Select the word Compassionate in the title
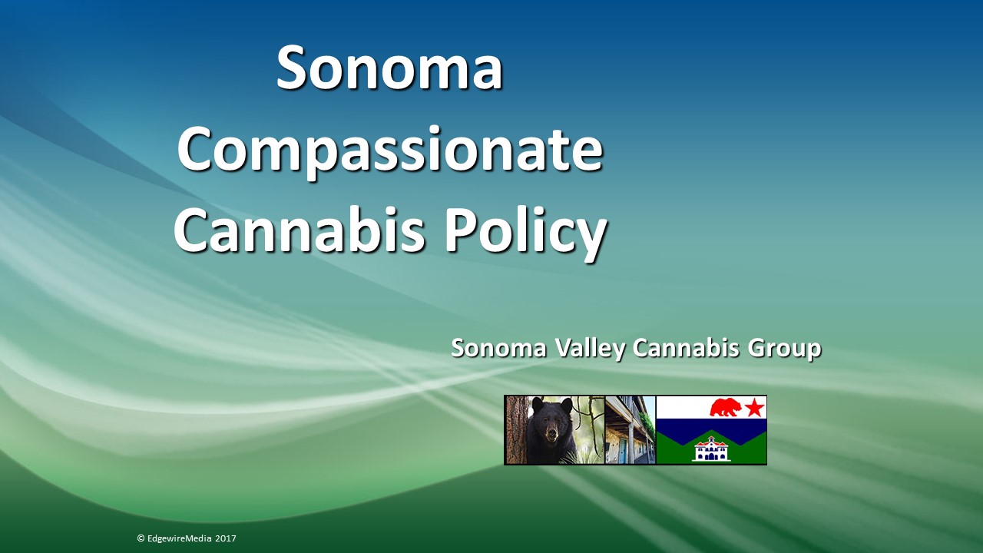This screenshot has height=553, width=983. coord(389,150)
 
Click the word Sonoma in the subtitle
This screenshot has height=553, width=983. coord(499,348)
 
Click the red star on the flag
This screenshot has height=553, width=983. coord(754,408)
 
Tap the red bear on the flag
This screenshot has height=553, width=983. coord(725,407)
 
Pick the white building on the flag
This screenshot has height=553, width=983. coord(710,449)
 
